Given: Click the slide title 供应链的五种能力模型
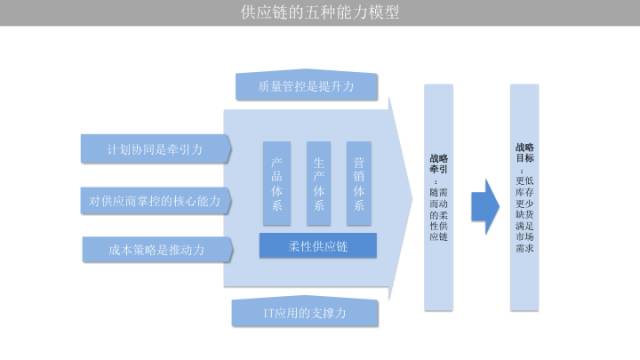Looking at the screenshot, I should point(320,13).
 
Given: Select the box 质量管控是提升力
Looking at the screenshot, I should point(308,87).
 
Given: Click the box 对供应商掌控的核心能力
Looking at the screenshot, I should point(155,200).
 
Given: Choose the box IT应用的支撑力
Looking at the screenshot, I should point(305,313).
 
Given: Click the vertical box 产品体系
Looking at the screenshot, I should point(277,183).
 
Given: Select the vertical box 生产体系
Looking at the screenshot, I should point(319,183).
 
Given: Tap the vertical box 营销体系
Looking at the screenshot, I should point(361,183).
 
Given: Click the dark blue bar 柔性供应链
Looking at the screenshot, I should point(318,245).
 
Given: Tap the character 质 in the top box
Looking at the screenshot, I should point(265,88).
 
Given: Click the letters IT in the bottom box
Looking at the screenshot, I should point(268,314).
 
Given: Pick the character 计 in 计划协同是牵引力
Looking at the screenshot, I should point(113,149).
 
